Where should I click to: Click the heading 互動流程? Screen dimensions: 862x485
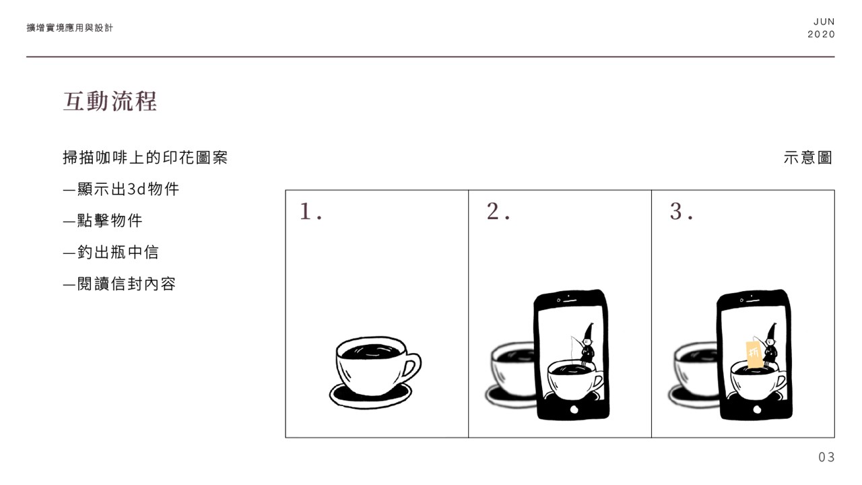click(110, 101)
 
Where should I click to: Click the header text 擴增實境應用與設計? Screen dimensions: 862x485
click(69, 28)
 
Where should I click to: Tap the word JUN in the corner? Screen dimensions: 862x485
click(824, 22)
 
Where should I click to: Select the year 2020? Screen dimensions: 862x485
click(821, 34)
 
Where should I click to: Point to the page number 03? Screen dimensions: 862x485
click(826, 457)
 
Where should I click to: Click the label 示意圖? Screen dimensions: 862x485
click(807, 158)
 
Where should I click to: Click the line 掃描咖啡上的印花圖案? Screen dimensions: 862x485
click(145, 158)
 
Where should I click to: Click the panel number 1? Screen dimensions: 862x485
click(310, 212)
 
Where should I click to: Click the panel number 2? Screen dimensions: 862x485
click(498, 212)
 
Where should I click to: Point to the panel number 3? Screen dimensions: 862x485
click(681, 212)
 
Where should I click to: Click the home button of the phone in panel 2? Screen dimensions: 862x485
click(574, 410)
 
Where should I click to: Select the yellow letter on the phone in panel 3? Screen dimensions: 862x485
click(754, 353)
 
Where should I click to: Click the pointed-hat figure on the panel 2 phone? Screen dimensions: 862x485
click(587, 344)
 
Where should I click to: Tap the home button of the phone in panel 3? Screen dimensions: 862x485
click(757, 410)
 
